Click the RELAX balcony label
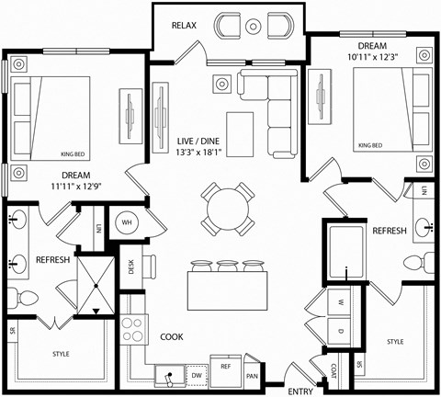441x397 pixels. point(186,25)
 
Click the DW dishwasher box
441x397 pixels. point(196,374)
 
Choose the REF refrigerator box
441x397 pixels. point(225,366)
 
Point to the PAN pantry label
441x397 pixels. point(252,375)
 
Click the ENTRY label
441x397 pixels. point(300,391)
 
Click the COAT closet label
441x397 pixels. point(333,369)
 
